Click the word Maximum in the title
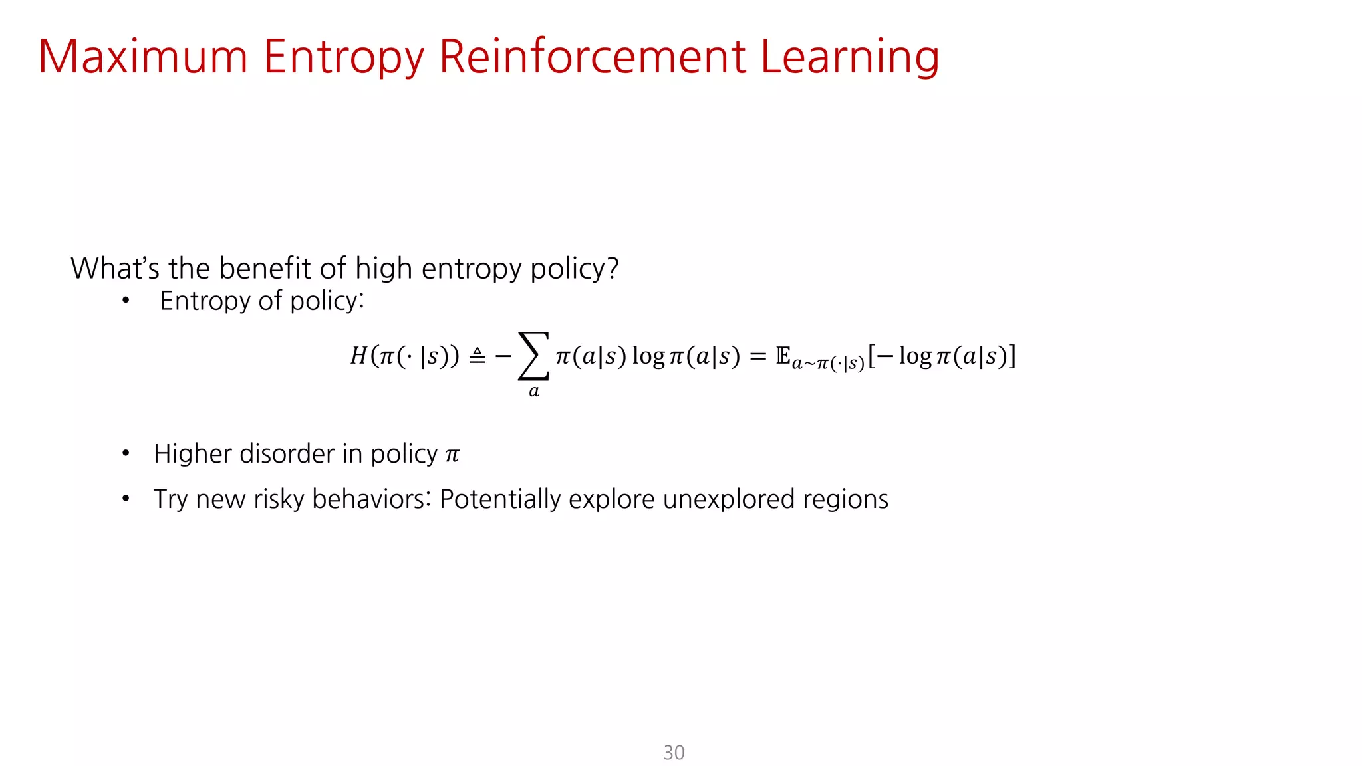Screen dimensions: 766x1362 [143, 57]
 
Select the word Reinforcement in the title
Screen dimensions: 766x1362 [593, 57]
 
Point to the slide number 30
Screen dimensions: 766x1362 [674, 752]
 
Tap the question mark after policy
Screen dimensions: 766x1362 [613, 269]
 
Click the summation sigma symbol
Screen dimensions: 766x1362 [533, 356]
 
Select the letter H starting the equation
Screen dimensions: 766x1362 [358, 356]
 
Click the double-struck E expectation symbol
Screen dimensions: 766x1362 [783, 356]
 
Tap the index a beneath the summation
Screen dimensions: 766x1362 [533, 391]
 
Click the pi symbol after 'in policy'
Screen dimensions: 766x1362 [452, 455]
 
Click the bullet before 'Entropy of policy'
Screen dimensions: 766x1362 [126, 301]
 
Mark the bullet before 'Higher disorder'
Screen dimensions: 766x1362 [126, 454]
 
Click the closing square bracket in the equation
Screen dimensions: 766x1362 [1012, 356]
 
